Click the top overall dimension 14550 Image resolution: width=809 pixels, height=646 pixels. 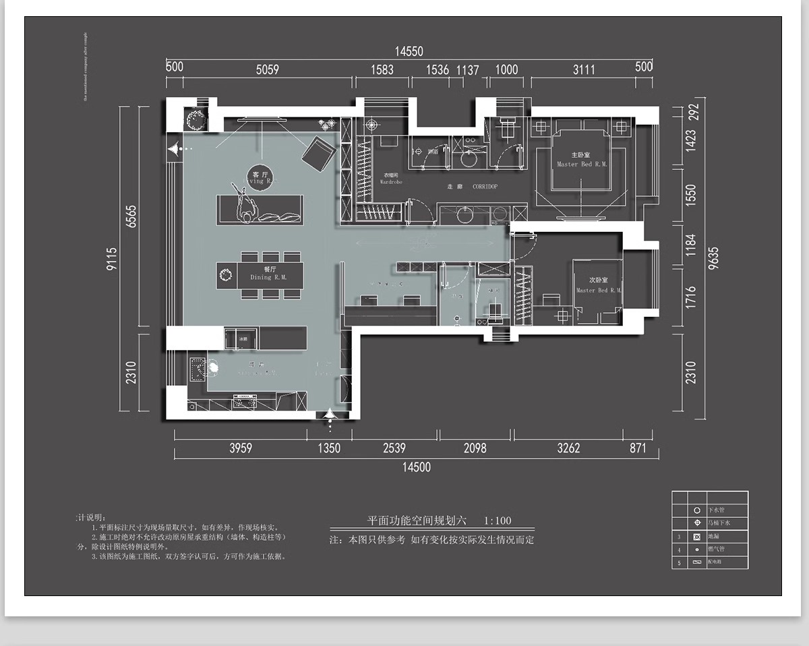pyautogui.click(x=409, y=51)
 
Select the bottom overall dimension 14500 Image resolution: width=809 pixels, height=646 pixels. pyautogui.click(x=416, y=467)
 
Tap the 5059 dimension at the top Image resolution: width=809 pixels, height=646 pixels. pyautogui.click(x=268, y=69)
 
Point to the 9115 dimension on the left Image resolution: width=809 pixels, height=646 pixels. pyautogui.click(x=112, y=259)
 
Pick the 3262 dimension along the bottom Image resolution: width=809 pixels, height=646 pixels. pyautogui.click(x=568, y=448)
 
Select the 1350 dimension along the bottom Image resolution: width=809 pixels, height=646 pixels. pyautogui.click(x=329, y=448)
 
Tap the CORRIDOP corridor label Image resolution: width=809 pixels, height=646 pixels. pyautogui.click(x=485, y=187)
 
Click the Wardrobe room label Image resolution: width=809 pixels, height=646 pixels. pyautogui.click(x=391, y=180)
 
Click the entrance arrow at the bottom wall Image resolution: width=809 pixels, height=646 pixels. pyautogui.click(x=330, y=417)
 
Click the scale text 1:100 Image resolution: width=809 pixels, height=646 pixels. pyautogui.click(x=498, y=521)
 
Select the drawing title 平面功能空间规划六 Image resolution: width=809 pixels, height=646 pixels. pyautogui.click(x=416, y=521)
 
